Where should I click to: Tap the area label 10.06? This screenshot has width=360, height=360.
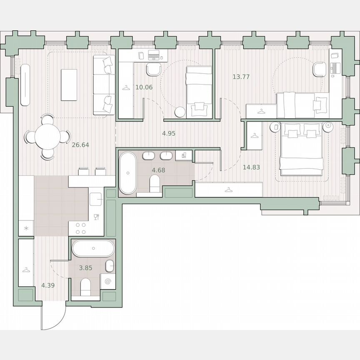(144, 87)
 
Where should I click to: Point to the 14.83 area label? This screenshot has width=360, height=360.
(251, 167)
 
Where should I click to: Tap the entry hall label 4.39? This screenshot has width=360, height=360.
(48, 285)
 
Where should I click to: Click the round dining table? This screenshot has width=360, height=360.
(47, 137)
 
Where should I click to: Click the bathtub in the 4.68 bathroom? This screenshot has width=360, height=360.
(127, 172)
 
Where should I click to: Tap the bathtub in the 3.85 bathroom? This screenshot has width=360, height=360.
(92, 249)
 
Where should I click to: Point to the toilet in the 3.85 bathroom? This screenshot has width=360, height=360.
(85, 286)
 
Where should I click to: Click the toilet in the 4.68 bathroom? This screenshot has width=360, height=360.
(154, 182)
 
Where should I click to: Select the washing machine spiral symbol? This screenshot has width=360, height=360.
(108, 282)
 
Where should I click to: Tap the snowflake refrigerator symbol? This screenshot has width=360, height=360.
(27, 228)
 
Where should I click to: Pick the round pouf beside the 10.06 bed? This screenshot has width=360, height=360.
(180, 112)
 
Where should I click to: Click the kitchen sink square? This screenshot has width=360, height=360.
(96, 200)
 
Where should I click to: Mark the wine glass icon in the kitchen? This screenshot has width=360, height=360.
(97, 217)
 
